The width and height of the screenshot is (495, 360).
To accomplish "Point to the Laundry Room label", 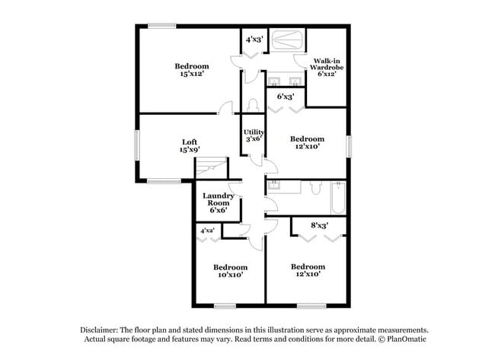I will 216,200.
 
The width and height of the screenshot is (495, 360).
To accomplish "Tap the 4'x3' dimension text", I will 254,39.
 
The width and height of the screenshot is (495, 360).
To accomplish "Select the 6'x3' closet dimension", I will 286,97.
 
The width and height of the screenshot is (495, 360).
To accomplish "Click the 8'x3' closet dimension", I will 320,225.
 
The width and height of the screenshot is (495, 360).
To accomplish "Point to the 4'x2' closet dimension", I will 207,230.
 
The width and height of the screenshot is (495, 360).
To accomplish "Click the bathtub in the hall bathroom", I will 337,197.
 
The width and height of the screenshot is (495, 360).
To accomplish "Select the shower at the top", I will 289,40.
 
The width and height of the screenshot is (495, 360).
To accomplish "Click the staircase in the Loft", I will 216,168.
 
